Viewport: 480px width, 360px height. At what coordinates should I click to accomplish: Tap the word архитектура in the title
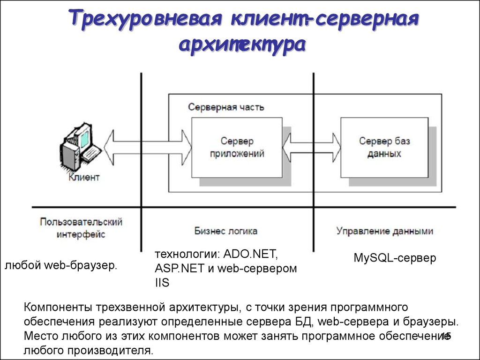(x=242, y=45)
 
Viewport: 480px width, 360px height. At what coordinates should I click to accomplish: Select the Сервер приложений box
(x=237, y=148)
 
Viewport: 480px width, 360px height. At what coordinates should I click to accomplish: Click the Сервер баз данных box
(x=384, y=148)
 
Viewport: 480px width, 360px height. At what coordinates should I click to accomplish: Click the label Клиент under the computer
(x=84, y=177)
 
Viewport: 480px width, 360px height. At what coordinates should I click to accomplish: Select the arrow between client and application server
(x=148, y=148)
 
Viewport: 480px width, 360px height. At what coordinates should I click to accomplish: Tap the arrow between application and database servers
(x=312, y=148)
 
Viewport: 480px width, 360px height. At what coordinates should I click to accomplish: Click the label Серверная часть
(x=226, y=107)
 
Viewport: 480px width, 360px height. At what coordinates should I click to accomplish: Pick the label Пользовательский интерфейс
(x=81, y=228)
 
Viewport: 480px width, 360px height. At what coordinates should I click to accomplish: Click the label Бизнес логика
(x=226, y=231)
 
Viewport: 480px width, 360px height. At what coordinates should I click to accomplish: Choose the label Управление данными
(x=385, y=231)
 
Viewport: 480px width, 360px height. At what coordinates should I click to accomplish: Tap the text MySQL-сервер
(x=395, y=258)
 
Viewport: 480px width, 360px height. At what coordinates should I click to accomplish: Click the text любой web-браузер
(x=61, y=265)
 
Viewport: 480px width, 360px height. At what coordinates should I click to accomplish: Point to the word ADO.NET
(x=251, y=254)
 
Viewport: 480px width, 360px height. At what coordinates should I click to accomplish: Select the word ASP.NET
(x=180, y=269)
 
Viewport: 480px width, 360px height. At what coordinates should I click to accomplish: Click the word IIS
(x=162, y=283)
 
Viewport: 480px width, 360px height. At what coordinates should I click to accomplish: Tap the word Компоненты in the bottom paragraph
(x=58, y=307)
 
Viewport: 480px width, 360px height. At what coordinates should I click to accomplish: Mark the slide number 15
(x=446, y=336)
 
